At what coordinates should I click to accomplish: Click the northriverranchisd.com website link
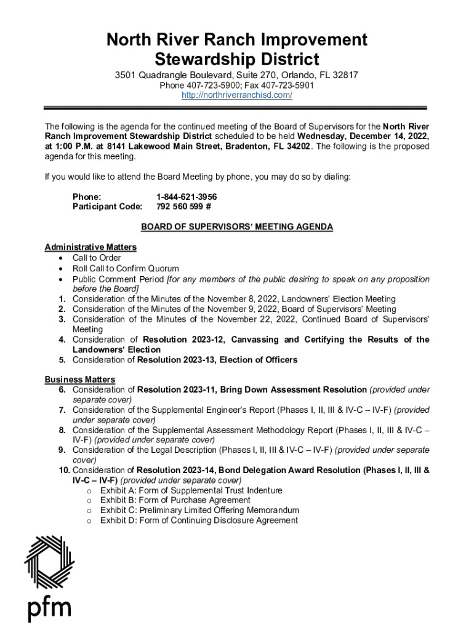(236, 95)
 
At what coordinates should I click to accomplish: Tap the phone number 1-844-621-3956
(187, 197)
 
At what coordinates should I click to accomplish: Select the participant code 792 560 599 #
(184, 207)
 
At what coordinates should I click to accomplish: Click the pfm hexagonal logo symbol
(49, 562)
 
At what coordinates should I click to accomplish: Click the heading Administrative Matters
(90, 247)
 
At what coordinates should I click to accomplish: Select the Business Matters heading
(80, 380)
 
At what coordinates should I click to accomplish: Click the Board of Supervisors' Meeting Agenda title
(237, 227)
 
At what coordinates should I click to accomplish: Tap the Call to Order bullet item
(97, 258)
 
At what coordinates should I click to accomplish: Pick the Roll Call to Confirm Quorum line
(126, 268)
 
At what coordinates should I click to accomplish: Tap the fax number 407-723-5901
(288, 86)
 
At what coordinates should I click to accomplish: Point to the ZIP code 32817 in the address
(345, 75)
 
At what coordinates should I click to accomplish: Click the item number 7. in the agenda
(63, 410)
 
